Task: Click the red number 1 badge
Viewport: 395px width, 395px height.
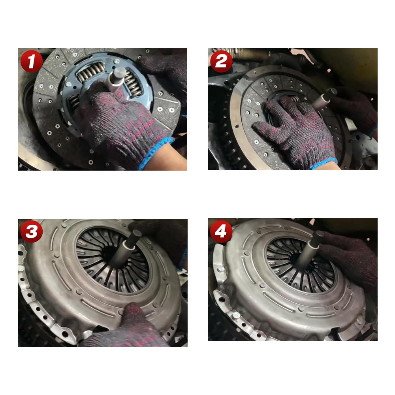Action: (32, 61)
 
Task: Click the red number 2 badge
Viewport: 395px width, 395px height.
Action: (221, 61)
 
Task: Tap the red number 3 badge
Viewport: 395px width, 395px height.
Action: (32, 231)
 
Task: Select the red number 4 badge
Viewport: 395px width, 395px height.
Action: (221, 231)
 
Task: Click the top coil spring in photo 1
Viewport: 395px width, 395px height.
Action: (91, 72)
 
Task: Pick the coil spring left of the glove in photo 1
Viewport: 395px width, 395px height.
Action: (74, 103)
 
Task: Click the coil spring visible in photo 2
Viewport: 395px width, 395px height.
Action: (294, 99)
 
